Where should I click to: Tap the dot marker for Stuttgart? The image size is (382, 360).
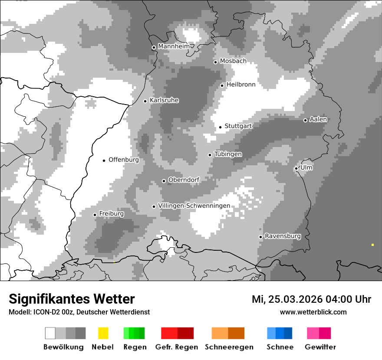(x=220, y=127)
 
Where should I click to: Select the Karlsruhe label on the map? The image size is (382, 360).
(x=164, y=100)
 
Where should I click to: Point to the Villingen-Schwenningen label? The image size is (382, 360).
(x=194, y=206)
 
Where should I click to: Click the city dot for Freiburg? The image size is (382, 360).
(x=95, y=215)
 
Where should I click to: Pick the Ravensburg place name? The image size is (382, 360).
(x=283, y=236)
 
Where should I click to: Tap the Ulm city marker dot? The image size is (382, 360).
(x=296, y=168)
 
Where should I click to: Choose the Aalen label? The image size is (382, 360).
(x=318, y=119)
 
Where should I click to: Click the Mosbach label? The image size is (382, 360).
(x=233, y=61)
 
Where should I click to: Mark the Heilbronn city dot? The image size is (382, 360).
(x=222, y=85)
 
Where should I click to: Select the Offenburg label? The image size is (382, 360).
(x=124, y=160)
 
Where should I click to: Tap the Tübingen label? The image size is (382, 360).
(x=228, y=154)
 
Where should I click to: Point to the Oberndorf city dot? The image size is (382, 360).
(x=164, y=181)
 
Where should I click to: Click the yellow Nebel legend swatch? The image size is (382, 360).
(x=103, y=333)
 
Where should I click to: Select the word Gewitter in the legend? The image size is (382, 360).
(x=320, y=347)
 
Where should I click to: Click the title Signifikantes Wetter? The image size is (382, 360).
(x=72, y=299)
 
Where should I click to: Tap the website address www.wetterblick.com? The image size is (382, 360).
(x=313, y=312)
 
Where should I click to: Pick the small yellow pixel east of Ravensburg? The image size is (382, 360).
(x=372, y=245)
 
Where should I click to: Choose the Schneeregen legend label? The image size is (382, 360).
(x=229, y=347)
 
